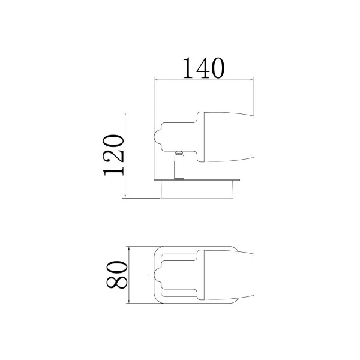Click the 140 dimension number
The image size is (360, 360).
(203, 68)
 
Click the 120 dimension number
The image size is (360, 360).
(113, 155)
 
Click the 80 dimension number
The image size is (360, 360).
(116, 275)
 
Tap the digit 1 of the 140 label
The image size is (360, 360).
(189, 68)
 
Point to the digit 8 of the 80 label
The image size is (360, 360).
(116, 282)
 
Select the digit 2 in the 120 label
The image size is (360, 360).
(113, 155)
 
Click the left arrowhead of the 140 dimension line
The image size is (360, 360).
(156, 80)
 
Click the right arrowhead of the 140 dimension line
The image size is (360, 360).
(251, 80)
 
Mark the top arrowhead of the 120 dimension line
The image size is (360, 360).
(125, 115)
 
